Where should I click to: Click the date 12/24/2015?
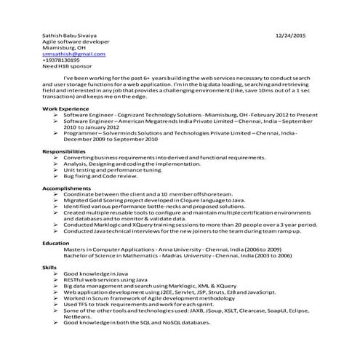tap(292, 35)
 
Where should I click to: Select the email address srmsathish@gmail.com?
tap(68, 54)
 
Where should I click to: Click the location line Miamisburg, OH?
tap(62, 47)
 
